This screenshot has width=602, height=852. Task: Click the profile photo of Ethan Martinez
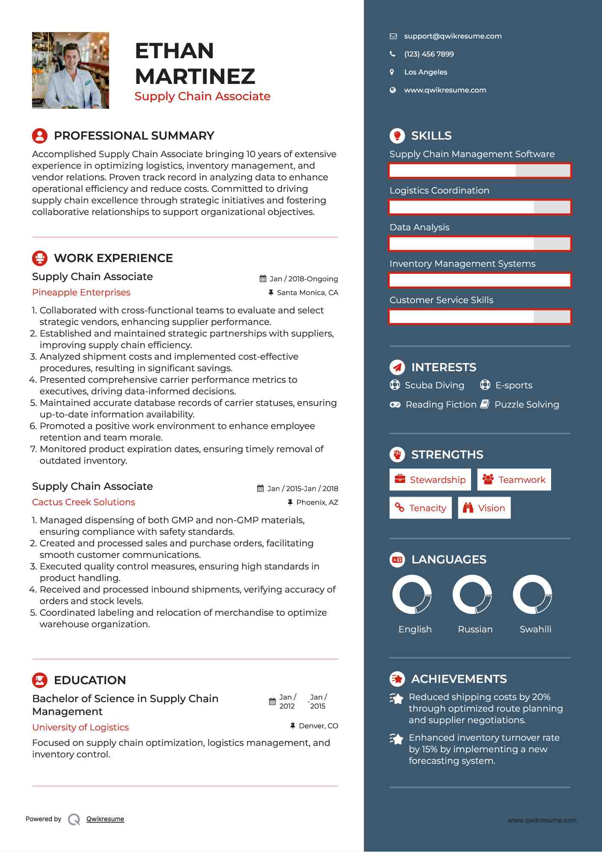(x=71, y=70)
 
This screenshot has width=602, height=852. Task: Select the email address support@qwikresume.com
(x=453, y=36)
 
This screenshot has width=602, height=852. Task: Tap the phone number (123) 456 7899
(x=429, y=54)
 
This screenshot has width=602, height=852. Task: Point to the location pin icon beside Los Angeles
(x=392, y=72)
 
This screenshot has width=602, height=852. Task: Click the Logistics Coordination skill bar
(x=480, y=207)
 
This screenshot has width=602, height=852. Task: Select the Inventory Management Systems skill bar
(x=480, y=280)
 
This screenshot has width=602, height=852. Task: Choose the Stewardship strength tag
(x=430, y=480)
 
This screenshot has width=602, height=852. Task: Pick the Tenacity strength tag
(x=421, y=508)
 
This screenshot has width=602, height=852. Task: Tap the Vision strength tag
(x=484, y=508)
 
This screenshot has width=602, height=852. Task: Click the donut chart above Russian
(x=472, y=594)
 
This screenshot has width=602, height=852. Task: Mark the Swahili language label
(x=535, y=629)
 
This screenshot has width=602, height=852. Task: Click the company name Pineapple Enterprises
(x=81, y=292)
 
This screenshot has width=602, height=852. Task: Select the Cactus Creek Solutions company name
(x=83, y=502)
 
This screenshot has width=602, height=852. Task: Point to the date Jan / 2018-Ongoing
(x=303, y=279)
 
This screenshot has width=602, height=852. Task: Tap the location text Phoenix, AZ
(x=317, y=503)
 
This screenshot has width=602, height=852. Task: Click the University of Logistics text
(x=80, y=727)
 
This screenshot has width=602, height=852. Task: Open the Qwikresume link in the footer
(x=105, y=819)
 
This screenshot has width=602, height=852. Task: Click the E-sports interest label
(x=513, y=385)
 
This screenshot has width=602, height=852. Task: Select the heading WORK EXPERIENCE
(x=113, y=258)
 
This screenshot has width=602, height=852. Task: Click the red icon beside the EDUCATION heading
(x=40, y=680)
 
